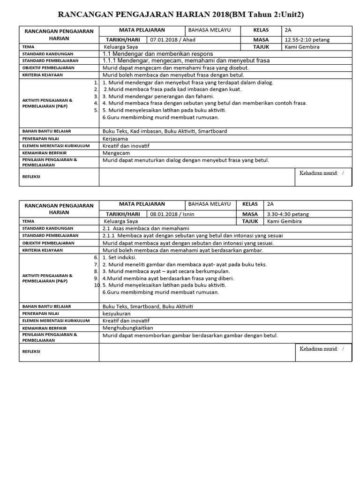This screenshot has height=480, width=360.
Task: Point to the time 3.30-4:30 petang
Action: [x=288, y=214]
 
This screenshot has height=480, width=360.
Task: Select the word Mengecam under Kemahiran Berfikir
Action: [x=116, y=153]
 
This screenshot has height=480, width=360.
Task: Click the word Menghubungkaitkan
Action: [x=127, y=328]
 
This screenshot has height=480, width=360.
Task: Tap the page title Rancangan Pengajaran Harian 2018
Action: [x=180, y=15]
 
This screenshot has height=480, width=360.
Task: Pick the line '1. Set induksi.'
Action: [x=120, y=257]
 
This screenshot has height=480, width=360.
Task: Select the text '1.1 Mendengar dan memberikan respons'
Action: [x=157, y=54]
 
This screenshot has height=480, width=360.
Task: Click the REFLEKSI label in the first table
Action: [x=32, y=177]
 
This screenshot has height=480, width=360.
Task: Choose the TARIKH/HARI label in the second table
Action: [x=123, y=214]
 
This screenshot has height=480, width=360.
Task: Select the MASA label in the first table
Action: [x=261, y=40]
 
